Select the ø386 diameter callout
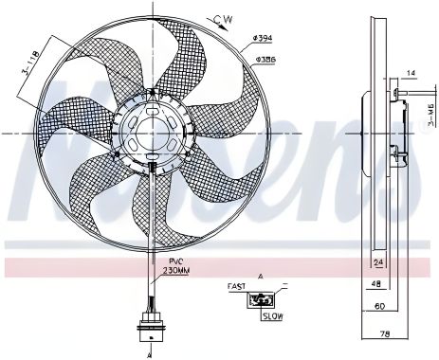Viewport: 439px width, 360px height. (x=265, y=58)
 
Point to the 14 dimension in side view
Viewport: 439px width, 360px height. (x=412, y=72)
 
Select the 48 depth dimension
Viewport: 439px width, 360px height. (x=376, y=283)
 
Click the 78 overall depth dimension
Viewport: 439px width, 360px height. (x=384, y=334)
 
